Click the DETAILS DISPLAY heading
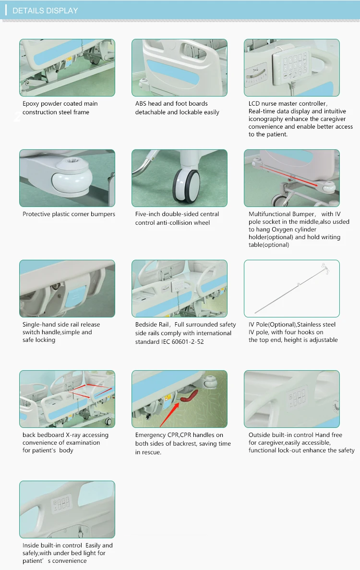(45, 11)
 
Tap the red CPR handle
(190, 396)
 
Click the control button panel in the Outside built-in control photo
(297, 398)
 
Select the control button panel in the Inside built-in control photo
(61, 504)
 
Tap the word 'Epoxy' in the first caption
(31, 104)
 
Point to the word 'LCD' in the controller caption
(254, 104)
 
